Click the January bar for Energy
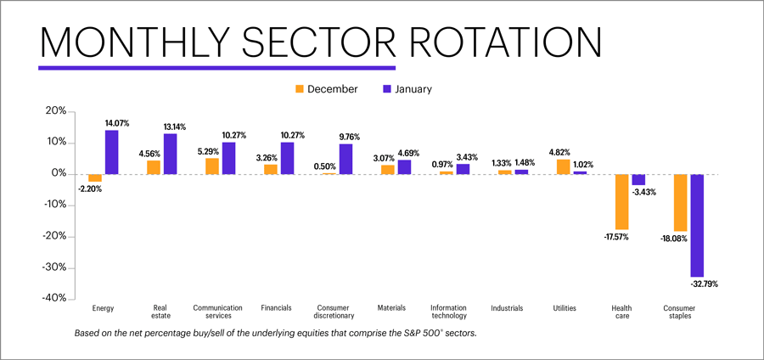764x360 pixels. (x=112, y=152)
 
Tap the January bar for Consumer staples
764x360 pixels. (x=696, y=225)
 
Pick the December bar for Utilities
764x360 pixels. (x=564, y=166)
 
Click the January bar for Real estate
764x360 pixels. (x=171, y=154)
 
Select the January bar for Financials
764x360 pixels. (x=287, y=158)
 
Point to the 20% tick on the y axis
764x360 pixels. (x=54, y=111)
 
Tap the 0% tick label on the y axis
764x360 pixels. (x=58, y=173)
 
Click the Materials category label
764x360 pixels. (x=390, y=308)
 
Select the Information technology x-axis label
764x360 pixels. (x=448, y=312)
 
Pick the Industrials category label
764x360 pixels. (x=507, y=308)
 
